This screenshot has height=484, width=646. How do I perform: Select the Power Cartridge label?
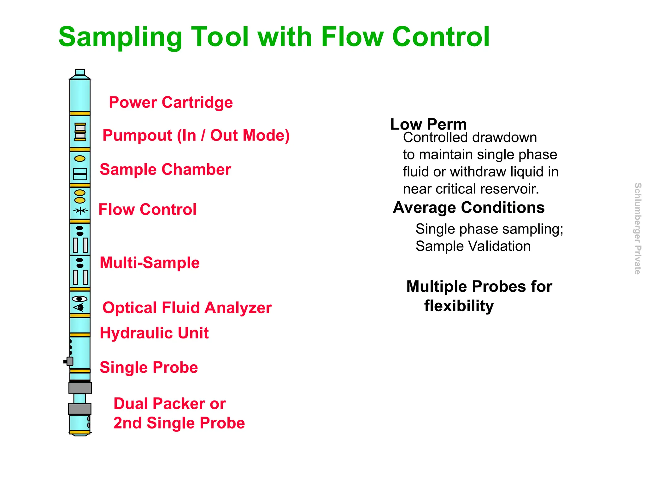[171, 102]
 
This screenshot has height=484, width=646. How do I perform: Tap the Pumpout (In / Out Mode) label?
[196, 135]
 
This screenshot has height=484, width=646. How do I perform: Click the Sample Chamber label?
[165, 170]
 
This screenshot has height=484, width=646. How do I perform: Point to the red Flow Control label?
[147, 210]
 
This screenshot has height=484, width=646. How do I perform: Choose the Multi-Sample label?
[150, 263]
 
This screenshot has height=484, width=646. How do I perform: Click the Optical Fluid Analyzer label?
[187, 308]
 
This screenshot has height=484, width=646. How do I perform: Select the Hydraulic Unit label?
[154, 333]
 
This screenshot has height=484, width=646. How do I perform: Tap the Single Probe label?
[149, 367]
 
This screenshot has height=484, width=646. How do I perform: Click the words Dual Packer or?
[169, 404]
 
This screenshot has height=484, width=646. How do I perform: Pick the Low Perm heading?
[428, 124]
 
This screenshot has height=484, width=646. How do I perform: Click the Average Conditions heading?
[468, 208]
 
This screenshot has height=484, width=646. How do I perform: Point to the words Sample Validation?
[473, 246]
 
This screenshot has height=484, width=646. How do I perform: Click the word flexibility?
[459, 306]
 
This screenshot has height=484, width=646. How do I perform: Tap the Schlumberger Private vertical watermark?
[637, 228]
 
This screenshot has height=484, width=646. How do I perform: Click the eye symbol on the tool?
[79, 299]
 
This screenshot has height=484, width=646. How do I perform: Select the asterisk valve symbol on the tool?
[80, 210]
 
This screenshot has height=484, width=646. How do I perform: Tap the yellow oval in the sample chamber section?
[80, 158]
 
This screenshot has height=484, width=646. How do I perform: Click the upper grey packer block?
[80, 388]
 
